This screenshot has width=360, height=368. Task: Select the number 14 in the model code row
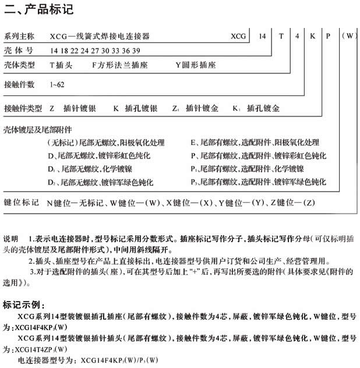(x=262, y=36)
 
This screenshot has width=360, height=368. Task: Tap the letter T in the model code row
(x=281, y=36)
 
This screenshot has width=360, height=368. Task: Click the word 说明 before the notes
(x=10, y=239)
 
